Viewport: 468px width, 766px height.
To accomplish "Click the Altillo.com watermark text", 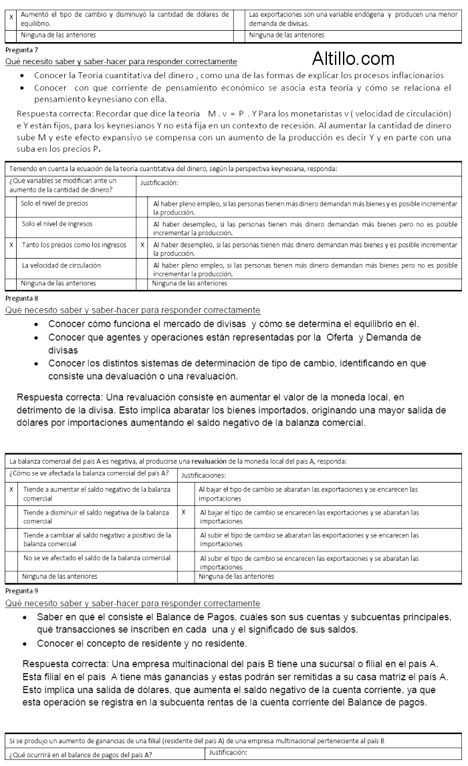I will coord(353,59).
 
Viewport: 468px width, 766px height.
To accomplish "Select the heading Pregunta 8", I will coord(21,297).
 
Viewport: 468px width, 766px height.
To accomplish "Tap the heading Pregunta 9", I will coord(21,591).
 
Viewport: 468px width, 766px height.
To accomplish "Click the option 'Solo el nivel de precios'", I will coord(54,203).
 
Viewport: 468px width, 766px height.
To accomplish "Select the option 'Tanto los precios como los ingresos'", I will coord(74,245).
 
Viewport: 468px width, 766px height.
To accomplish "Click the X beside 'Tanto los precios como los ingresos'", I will coord(11,245).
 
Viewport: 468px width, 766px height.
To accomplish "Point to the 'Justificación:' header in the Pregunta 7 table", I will coord(159,182).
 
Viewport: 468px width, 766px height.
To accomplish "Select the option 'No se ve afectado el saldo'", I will coord(96,557).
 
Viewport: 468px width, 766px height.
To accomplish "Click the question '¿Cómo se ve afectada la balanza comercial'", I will coord(88,473).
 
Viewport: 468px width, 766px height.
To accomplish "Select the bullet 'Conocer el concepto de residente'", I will coord(142,644).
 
